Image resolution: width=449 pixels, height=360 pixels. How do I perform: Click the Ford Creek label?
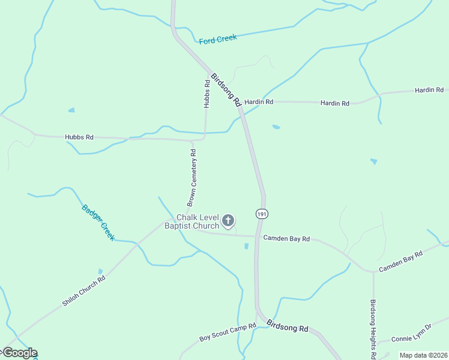pyautogui.click(x=218, y=39)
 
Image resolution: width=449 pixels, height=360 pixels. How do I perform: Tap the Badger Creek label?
pyautogui.click(x=98, y=223)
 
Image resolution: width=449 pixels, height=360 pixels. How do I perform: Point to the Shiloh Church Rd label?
pyautogui.click(x=83, y=291)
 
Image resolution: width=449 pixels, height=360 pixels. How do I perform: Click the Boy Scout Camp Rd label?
pyautogui.click(x=228, y=333)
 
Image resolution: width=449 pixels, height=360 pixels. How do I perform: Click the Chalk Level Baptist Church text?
pyautogui.click(x=197, y=221)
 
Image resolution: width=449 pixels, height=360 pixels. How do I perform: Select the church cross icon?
pyautogui.click(x=228, y=221)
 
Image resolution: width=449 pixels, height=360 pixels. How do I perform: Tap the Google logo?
pyautogui.click(x=19, y=353)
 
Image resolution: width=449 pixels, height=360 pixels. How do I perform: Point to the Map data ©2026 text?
pyautogui.click(x=423, y=355)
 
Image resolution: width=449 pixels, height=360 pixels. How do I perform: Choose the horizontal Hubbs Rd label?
pyautogui.click(x=79, y=137)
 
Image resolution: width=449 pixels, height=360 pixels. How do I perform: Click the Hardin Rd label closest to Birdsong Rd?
pyautogui.click(x=259, y=102)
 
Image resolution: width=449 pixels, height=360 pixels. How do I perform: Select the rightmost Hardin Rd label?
pyautogui.click(x=429, y=90)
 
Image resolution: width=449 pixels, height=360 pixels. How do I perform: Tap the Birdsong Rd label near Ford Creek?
pyautogui.click(x=226, y=89)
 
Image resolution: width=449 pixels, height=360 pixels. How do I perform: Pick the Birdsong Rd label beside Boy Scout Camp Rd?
pyautogui.click(x=287, y=327)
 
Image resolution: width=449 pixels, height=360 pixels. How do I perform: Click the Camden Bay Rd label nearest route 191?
pyautogui.click(x=286, y=239)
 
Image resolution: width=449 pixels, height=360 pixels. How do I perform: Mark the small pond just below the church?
pyautogui.click(x=246, y=246)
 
